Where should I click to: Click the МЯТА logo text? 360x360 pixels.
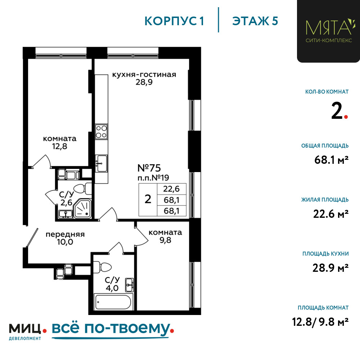pos(329,27)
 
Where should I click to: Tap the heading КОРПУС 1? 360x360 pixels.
pos(174,21)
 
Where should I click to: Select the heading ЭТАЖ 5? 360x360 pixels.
pos(255,21)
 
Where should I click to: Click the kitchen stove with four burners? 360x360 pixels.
pos(101,131)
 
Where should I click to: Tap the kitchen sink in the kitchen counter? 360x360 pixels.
pos(101,163)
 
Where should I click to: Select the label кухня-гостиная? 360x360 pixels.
pos(144,75)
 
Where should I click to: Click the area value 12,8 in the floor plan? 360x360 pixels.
pos(60,146)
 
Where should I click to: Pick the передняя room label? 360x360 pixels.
pos(65,234)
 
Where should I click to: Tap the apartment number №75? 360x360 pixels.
pos(149,168)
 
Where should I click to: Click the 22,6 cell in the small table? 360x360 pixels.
pos(171,189)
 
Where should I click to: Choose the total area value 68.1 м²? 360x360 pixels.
pos(331,160)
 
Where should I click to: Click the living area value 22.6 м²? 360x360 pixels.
pos(331,214)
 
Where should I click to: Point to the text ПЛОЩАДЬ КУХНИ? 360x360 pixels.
pos(325,254)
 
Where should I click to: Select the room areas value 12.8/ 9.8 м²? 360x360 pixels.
pos(320,321)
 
